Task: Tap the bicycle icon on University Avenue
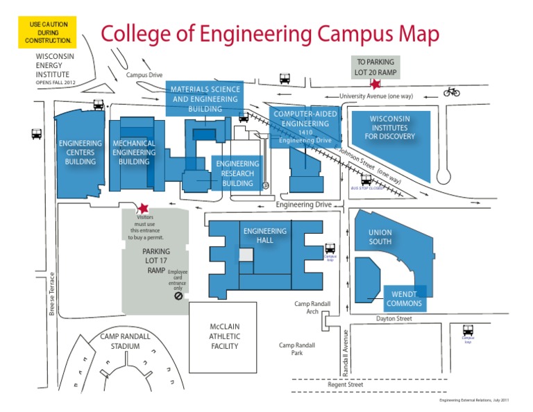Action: click(452, 92)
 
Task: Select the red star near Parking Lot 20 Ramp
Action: click(375, 84)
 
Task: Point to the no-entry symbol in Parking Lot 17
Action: click(178, 295)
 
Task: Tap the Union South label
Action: click(380, 237)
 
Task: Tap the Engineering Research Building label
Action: click(237, 173)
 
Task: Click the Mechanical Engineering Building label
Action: click(134, 153)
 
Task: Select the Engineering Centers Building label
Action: click(81, 153)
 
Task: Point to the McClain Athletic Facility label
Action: click(224, 336)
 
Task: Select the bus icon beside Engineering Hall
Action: click(330, 248)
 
